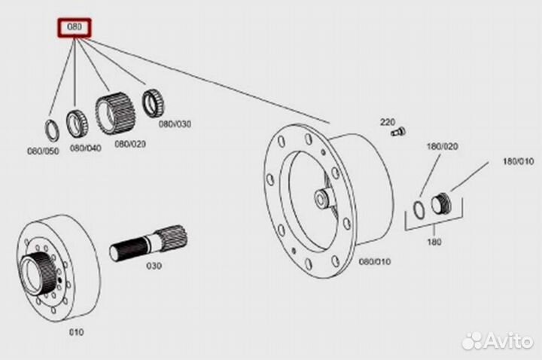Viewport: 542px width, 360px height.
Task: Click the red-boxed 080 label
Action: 75,29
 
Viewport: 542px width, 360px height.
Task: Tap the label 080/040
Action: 86,148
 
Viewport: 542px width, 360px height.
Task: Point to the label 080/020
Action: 131,142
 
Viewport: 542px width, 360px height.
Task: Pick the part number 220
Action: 388,121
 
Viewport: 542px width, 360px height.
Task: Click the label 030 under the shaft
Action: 154,265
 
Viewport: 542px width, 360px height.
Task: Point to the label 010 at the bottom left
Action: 76,331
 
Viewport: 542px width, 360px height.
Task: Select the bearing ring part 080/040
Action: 78,122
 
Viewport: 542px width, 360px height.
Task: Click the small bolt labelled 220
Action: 397,133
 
